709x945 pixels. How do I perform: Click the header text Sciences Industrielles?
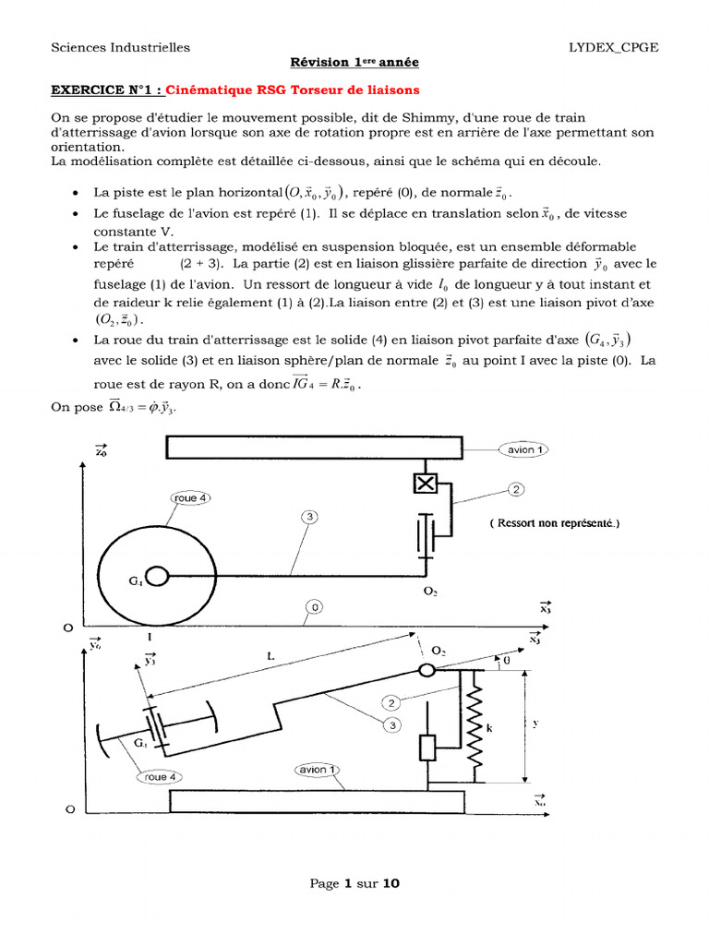pos(120,47)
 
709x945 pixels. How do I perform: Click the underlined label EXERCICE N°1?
pos(103,90)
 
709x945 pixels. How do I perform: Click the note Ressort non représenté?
pos(555,523)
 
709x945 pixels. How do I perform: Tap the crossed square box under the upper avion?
pos(426,483)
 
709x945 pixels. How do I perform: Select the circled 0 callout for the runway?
pos(317,606)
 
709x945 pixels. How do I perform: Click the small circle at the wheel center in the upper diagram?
pos(156,577)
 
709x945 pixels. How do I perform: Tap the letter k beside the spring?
pos(490,728)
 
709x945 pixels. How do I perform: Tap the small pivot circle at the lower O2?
pos(427,670)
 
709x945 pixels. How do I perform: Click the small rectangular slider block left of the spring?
pos(427,747)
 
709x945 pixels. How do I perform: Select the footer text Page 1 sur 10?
pos(354,884)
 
